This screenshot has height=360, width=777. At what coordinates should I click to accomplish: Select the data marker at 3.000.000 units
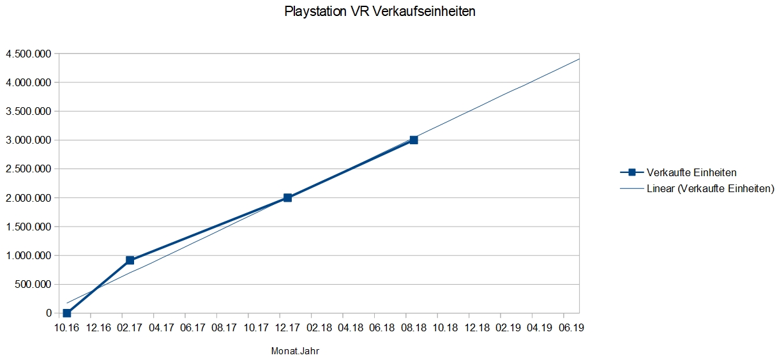414,140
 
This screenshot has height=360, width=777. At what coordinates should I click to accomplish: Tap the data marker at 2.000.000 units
287,198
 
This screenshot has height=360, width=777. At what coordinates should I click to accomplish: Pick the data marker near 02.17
130,260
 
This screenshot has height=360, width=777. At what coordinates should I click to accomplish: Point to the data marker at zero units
67,313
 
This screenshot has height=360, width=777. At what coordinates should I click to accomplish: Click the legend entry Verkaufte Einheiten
691,172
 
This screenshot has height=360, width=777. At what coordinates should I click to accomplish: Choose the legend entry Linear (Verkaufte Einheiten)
710,188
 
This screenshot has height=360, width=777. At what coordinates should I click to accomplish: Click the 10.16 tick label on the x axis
67,327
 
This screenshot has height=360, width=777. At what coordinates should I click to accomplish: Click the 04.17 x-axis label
161,327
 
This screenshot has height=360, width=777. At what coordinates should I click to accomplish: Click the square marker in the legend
631,172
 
